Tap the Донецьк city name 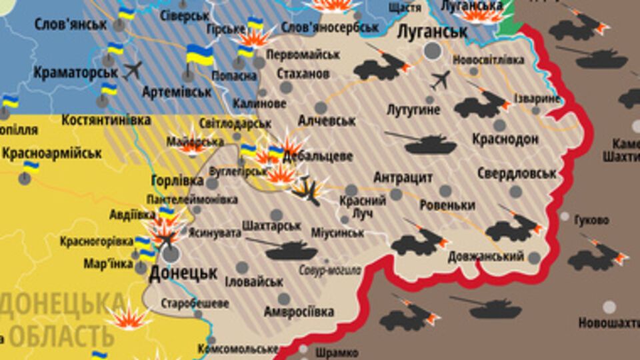183,273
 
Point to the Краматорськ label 69,71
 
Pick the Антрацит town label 403,178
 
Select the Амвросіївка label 298,311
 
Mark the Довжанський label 485,257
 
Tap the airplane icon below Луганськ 440,80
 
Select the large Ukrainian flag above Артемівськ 199,55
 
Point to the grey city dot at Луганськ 433,51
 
